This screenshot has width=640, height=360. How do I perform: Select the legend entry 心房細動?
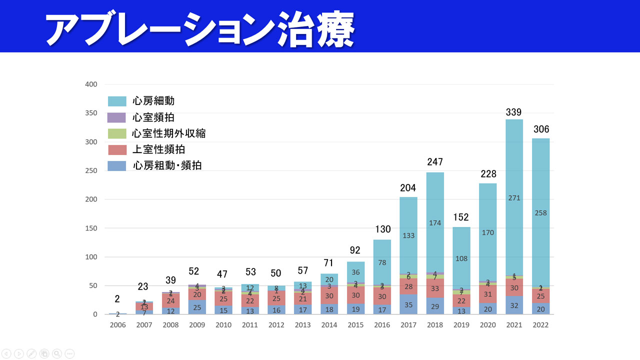pyautogui.click(x=153, y=101)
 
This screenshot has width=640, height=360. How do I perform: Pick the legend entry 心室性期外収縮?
pyautogui.click(x=168, y=133)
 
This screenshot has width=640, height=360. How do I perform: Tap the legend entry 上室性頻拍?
pyautogui.click(x=159, y=149)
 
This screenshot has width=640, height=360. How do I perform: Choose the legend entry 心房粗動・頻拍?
pyautogui.click(x=167, y=165)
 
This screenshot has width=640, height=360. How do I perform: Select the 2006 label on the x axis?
pyautogui.click(x=117, y=325)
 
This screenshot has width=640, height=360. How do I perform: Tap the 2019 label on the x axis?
pyautogui.click(x=461, y=325)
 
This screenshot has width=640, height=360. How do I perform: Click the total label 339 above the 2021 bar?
pyautogui.click(x=514, y=112)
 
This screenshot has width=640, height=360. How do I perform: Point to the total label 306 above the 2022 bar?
pyautogui.click(x=540, y=129)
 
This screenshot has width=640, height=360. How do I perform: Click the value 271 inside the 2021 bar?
pyautogui.click(x=514, y=198)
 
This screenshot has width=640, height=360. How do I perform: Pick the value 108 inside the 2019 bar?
pyautogui.click(x=461, y=258)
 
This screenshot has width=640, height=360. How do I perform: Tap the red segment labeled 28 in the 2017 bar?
pyautogui.click(x=408, y=286)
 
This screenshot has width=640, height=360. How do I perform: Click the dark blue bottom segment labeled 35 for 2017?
pyautogui.click(x=408, y=304)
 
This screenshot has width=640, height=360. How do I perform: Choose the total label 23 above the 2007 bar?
pyautogui.click(x=143, y=286)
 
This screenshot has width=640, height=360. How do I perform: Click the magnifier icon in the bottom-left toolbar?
pyautogui.click(x=57, y=353)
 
